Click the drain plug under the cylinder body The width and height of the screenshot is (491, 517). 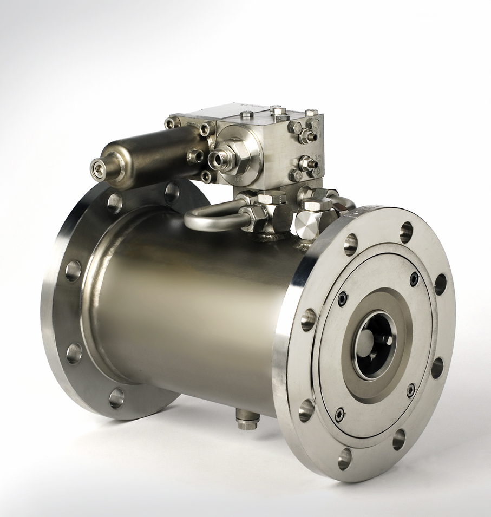tap(247, 420)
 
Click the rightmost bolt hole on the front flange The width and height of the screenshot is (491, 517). tap(440, 284)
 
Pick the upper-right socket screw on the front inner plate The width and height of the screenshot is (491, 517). tap(414, 279)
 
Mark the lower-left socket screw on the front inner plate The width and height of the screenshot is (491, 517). tap(339, 415)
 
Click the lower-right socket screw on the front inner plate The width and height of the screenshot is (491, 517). tap(411, 390)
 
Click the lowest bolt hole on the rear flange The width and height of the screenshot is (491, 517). tap(116, 398)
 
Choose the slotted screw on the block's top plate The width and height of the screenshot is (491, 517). tap(247, 114)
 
